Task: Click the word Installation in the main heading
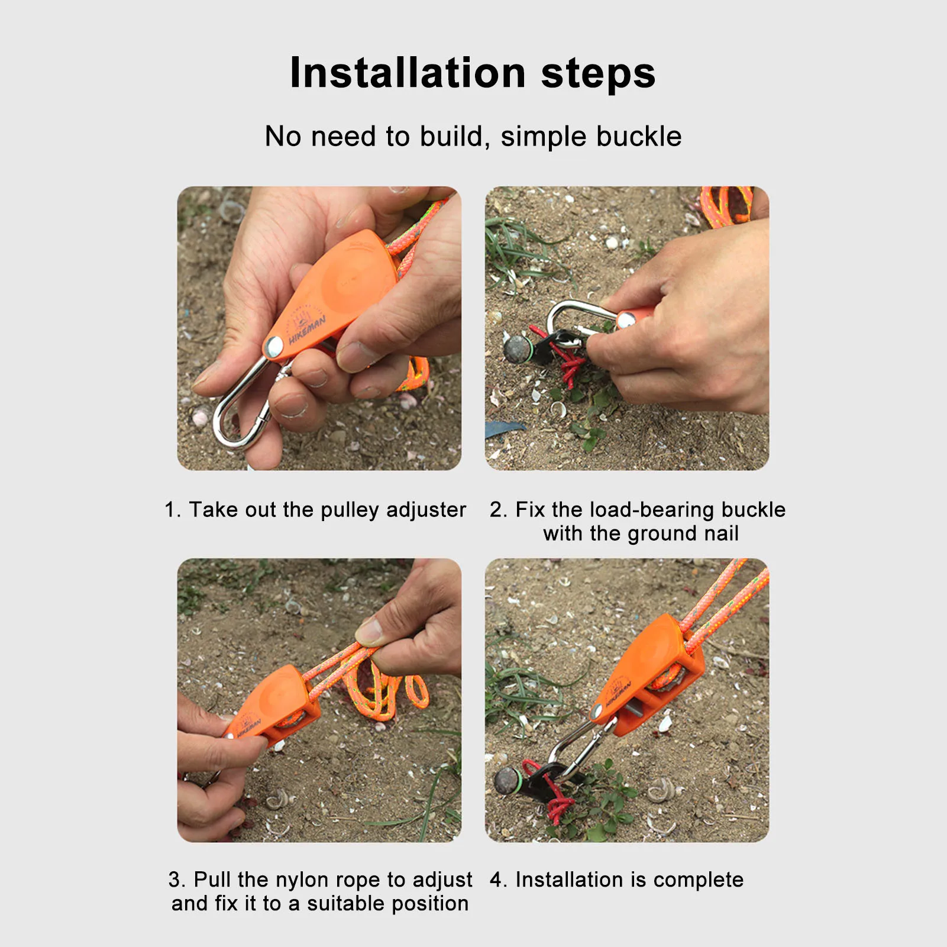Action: tap(408, 73)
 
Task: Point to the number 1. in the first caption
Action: tap(173, 509)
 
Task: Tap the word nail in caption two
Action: tap(721, 533)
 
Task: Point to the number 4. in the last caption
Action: tap(498, 880)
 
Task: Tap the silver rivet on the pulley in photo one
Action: tap(273, 347)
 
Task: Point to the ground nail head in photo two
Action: tap(517, 348)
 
